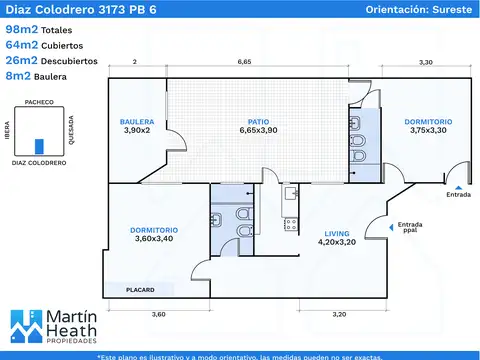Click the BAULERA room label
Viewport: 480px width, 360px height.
coord(137,122)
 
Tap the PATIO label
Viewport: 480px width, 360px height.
coord(258,122)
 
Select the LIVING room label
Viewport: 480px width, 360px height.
coord(337,234)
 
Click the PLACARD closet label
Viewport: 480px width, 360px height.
coord(140,290)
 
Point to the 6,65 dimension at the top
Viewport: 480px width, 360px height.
coord(244,62)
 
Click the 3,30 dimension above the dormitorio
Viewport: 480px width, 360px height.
coord(426,62)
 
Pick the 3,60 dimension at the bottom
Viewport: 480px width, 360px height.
coord(159,314)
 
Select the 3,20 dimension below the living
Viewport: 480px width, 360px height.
coord(339,314)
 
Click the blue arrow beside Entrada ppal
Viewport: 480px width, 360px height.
coord(391,227)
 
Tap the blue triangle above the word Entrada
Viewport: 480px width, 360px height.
coord(458,188)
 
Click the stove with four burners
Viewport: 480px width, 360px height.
coord(291,224)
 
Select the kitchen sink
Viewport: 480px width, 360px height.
coord(291,193)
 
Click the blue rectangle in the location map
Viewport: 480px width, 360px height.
coord(39,147)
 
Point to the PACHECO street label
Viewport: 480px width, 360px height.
coord(39,102)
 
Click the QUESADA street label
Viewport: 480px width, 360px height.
coord(71,130)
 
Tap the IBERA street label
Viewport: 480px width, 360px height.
coord(7,130)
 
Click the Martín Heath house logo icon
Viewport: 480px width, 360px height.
coord(27,326)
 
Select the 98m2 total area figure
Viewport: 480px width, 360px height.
coord(22,29)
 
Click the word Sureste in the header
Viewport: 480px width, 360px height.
coord(452,9)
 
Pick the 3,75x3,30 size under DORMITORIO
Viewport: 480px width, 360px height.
coord(428,130)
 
